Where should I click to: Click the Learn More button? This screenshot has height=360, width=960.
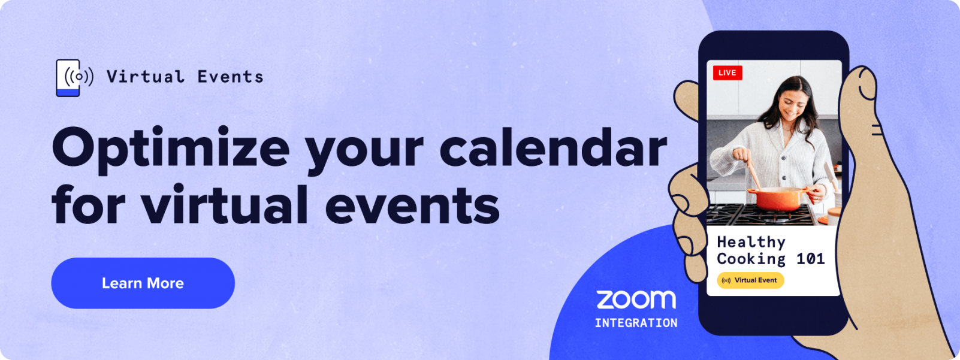[x=143, y=283]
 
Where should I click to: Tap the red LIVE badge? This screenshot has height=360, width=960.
[x=727, y=73]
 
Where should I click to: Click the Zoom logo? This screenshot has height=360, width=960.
[x=636, y=299]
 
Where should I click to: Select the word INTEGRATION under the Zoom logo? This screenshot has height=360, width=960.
[x=636, y=323]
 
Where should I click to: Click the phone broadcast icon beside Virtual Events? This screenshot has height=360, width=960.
[x=74, y=77]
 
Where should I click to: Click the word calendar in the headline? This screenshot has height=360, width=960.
[x=553, y=148]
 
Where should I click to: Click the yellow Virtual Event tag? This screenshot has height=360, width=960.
[x=750, y=280]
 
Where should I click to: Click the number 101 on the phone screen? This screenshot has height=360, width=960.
[x=810, y=259]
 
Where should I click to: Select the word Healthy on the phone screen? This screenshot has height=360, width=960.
[x=751, y=242]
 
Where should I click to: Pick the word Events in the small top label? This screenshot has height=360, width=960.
[x=231, y=77]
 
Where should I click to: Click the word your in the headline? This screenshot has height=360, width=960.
[x=364, y=150]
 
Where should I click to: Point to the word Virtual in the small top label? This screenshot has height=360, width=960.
[x=146, y=77]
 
